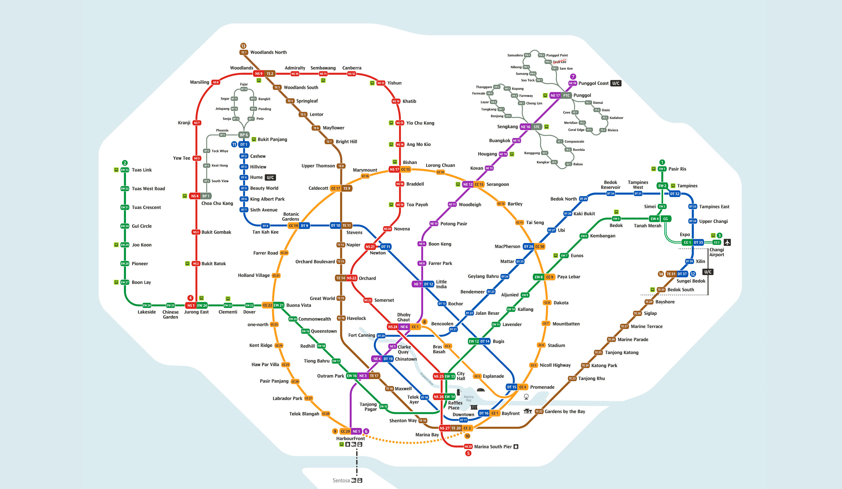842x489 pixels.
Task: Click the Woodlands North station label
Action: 268,52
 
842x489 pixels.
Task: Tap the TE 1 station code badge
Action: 244,52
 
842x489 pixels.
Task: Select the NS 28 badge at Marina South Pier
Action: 468,446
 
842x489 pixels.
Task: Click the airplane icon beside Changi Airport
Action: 727,242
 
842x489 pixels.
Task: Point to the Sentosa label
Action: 341,480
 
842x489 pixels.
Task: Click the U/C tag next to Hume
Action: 270,177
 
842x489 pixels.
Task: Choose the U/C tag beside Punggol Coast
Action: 616,83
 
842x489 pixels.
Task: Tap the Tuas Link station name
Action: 142,170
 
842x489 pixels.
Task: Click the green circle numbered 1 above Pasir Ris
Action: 662,162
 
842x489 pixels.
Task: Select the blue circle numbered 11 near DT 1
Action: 234,144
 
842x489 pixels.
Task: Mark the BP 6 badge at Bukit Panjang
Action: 244,135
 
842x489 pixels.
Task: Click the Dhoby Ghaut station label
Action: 404,317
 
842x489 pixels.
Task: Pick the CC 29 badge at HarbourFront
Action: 345,431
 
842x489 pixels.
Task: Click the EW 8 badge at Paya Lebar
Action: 539,277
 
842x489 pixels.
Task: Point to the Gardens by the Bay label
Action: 565,412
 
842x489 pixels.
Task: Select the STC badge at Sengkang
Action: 536,127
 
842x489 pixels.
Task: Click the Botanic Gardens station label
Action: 291,217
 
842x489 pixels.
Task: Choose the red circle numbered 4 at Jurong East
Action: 190,298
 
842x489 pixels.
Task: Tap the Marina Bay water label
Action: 469,398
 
